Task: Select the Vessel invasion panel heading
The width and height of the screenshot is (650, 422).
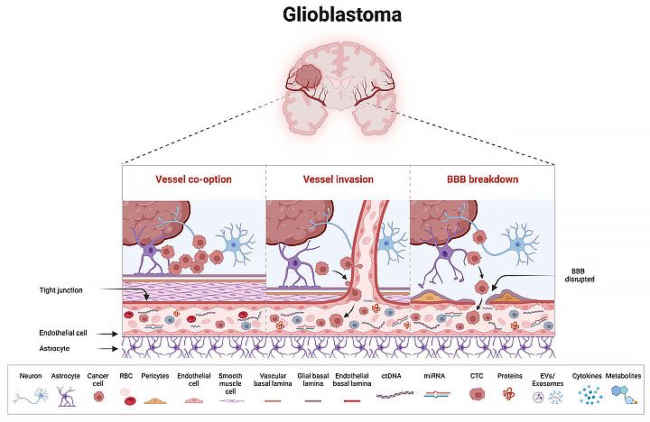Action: click(338, 179)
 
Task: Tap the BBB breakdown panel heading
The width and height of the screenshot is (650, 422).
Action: click(482, 179)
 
